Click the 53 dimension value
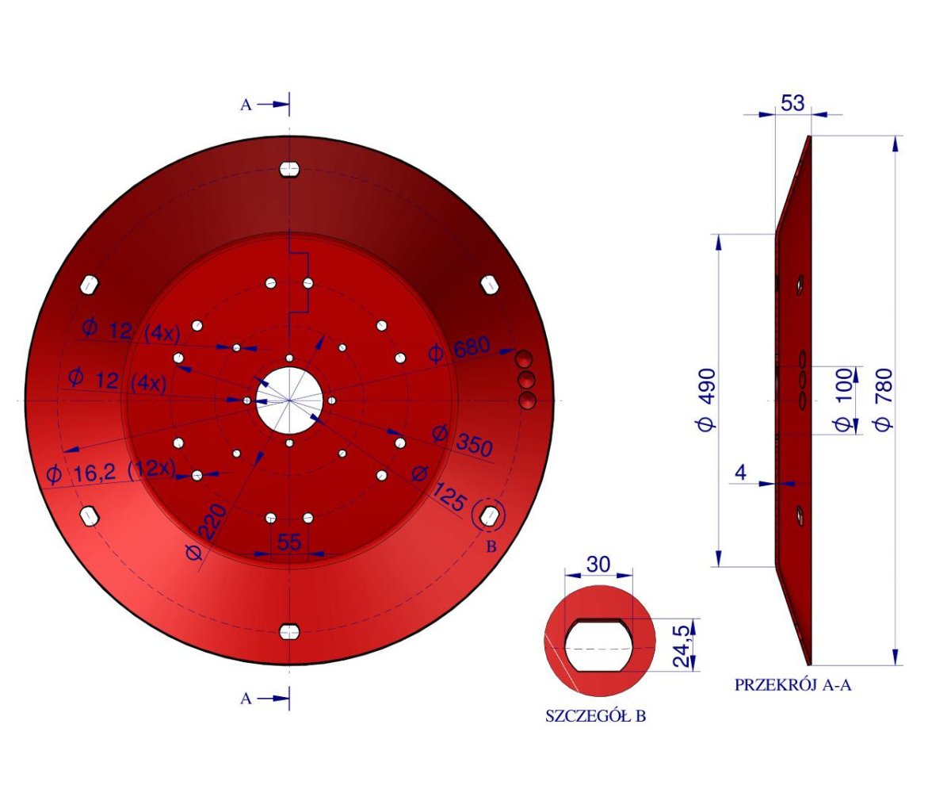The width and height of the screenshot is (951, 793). (792, 103)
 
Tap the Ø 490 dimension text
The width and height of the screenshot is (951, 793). (706, 399)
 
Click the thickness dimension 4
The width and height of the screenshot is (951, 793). (740, 473)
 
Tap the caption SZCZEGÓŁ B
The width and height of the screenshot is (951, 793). (595, 716)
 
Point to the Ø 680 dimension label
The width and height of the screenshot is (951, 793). (459, 350)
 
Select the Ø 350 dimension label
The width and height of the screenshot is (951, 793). (462, 441)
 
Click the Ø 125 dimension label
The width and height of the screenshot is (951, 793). (441, 489)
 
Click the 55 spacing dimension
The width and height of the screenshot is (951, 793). (290, 542)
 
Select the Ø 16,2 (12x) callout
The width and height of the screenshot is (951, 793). (110, 473)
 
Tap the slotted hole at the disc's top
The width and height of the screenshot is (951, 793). (289, 170)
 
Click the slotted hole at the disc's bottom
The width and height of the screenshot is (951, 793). (289, 630)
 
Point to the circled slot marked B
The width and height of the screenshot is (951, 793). (488, 516)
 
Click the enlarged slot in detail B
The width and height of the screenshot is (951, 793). (600, 645)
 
